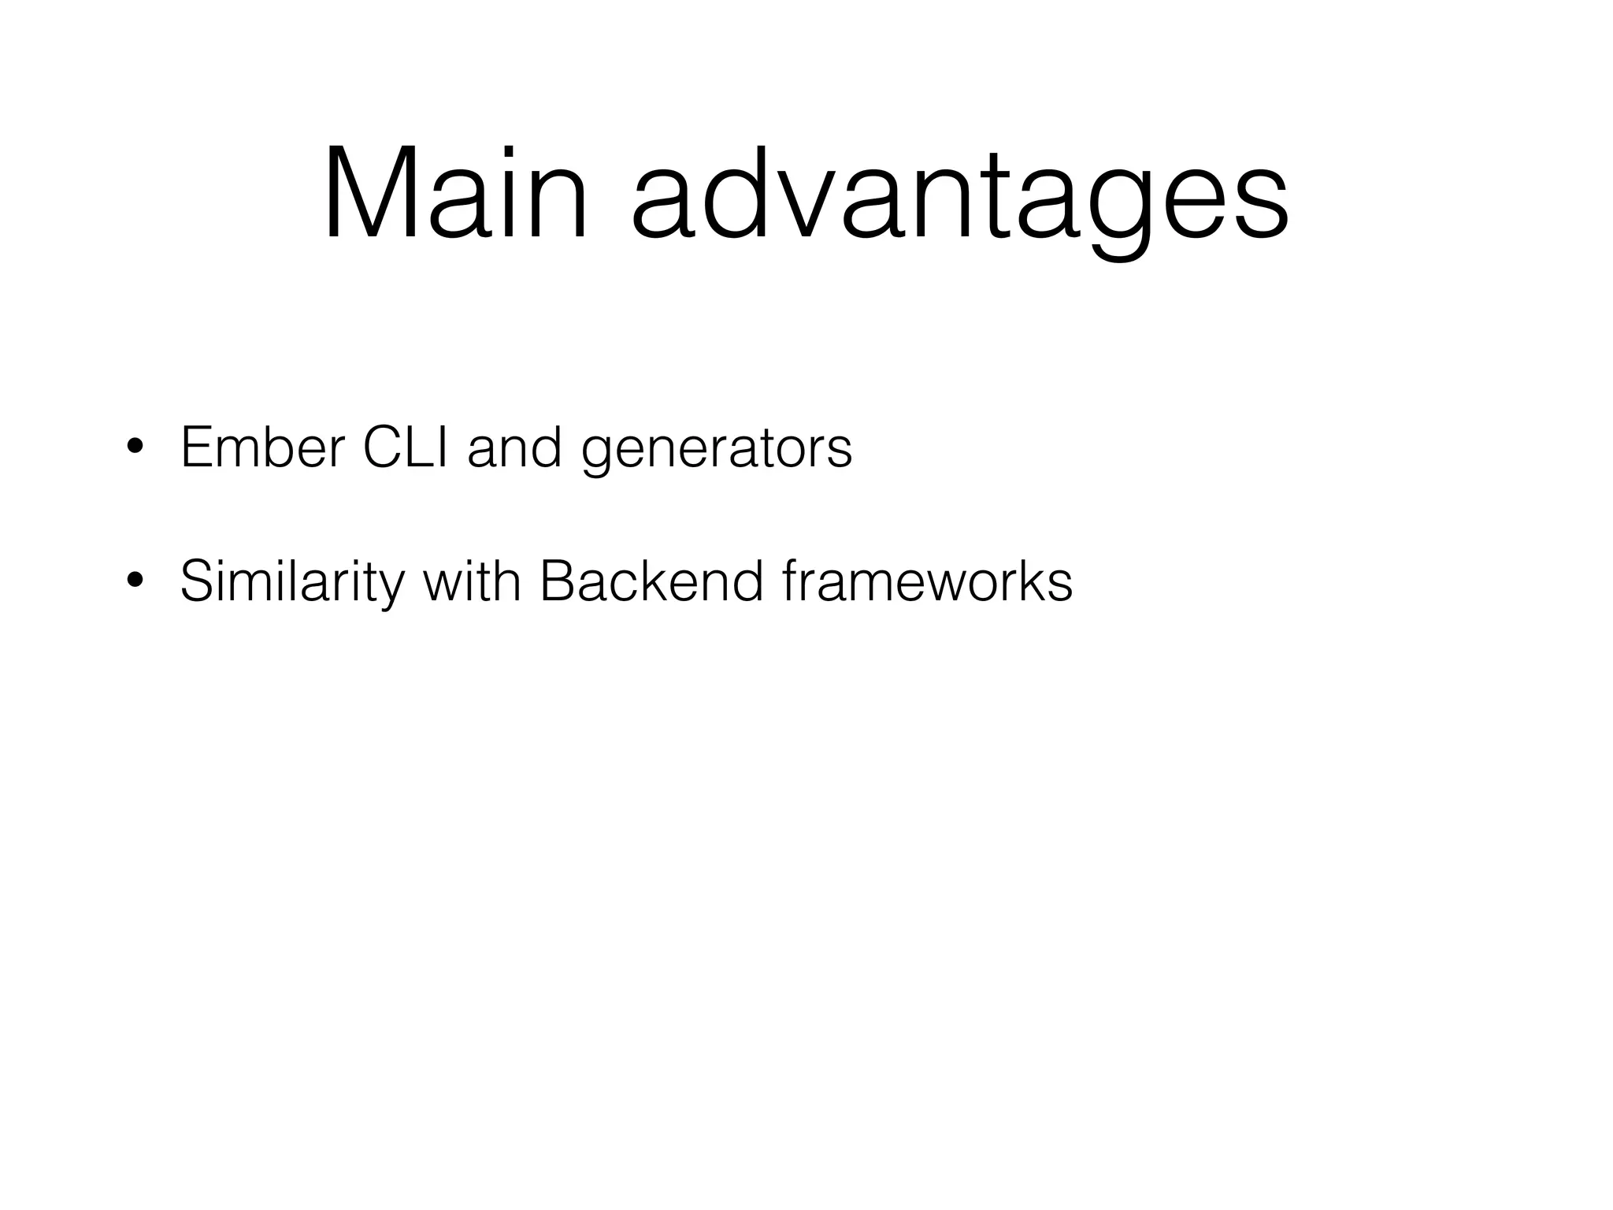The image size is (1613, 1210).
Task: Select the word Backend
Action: (x=651, y=581)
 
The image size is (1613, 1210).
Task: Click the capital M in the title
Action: (x=367, y=193)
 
